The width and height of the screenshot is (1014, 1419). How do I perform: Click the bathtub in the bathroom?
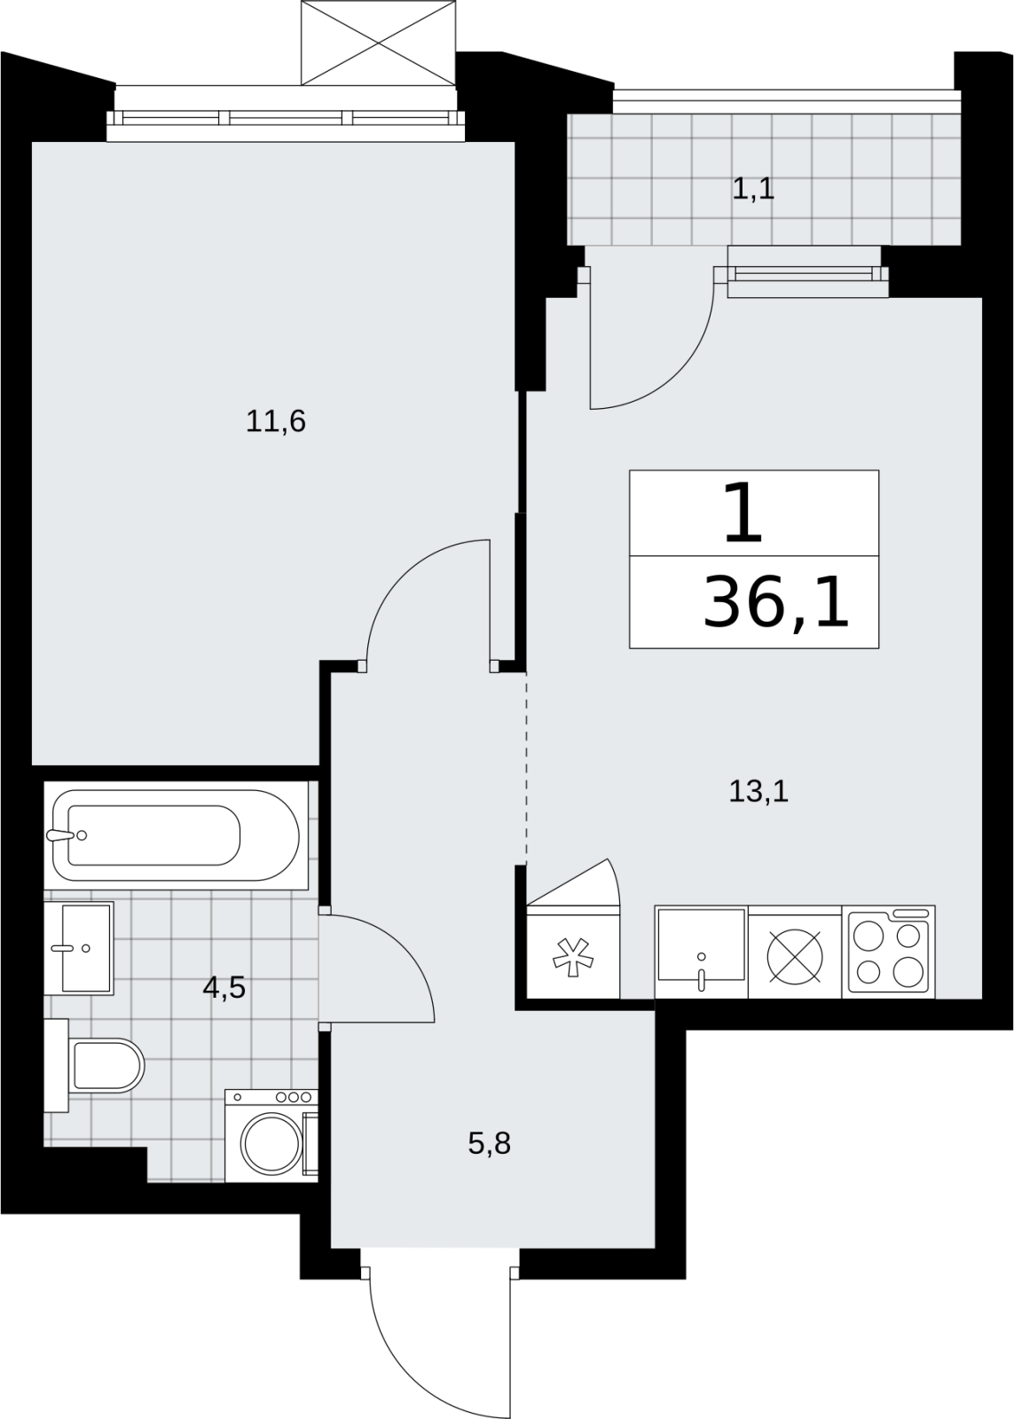click(x=176, y=835)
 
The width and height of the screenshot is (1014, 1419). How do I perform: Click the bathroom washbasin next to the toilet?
click(x=79, y=948)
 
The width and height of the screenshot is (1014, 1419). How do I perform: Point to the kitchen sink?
click(x=701, y=953)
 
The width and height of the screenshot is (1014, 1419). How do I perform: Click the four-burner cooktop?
click(x=889, y=953)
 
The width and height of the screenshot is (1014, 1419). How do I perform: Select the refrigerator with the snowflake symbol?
click(x=573, y=953)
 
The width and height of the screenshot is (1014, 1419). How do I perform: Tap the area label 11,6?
click(x=276, y=421)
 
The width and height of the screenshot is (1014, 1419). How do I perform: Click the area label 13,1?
click(x=759, y=792)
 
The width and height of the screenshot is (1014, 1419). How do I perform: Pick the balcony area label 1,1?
click(x=753, y=190)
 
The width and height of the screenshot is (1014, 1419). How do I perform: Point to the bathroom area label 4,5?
click(x=224, y=988)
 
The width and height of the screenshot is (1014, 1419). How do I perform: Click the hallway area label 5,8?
click(x=489, y=1144)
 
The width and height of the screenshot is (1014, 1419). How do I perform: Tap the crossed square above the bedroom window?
click(x=378, y=43)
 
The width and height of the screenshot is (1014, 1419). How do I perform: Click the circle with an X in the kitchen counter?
click(x=795, y=957)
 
